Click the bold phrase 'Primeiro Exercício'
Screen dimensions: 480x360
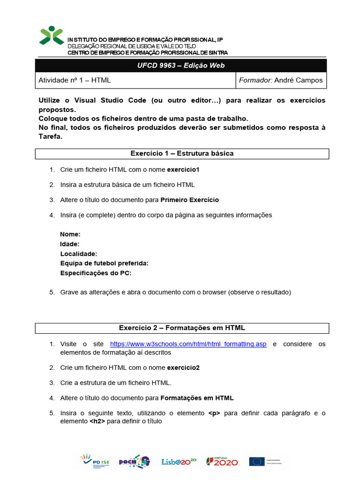(x=189, y=200)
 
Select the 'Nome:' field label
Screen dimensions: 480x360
(x=70, y=234)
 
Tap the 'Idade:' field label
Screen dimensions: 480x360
(x=70, y=244)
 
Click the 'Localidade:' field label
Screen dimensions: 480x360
(x=79, y=254)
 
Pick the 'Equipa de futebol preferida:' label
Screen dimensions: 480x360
(x=104, y=263)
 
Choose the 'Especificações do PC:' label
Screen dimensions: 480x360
(x=96, y=273)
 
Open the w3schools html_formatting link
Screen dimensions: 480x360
(x=188, y=344)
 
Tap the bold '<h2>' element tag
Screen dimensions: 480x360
(x=97, y=421)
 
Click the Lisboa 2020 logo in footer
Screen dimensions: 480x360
(x=179, y=462)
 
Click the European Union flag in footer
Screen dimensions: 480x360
(x=257, y=461)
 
